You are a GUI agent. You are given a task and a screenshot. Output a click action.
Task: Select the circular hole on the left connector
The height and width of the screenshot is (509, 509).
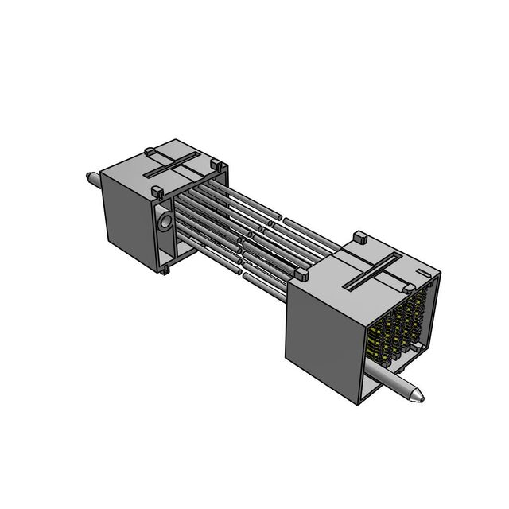point(165,223)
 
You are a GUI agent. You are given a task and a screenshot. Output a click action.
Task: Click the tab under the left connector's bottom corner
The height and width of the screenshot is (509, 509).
point(165,271)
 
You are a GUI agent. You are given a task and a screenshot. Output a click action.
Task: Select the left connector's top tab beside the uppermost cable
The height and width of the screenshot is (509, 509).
point(215,165)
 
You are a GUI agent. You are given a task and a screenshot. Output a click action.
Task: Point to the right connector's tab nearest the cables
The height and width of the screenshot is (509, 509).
point(301,274)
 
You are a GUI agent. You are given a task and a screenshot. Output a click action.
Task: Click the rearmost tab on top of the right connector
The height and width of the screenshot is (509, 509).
point(359,236)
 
